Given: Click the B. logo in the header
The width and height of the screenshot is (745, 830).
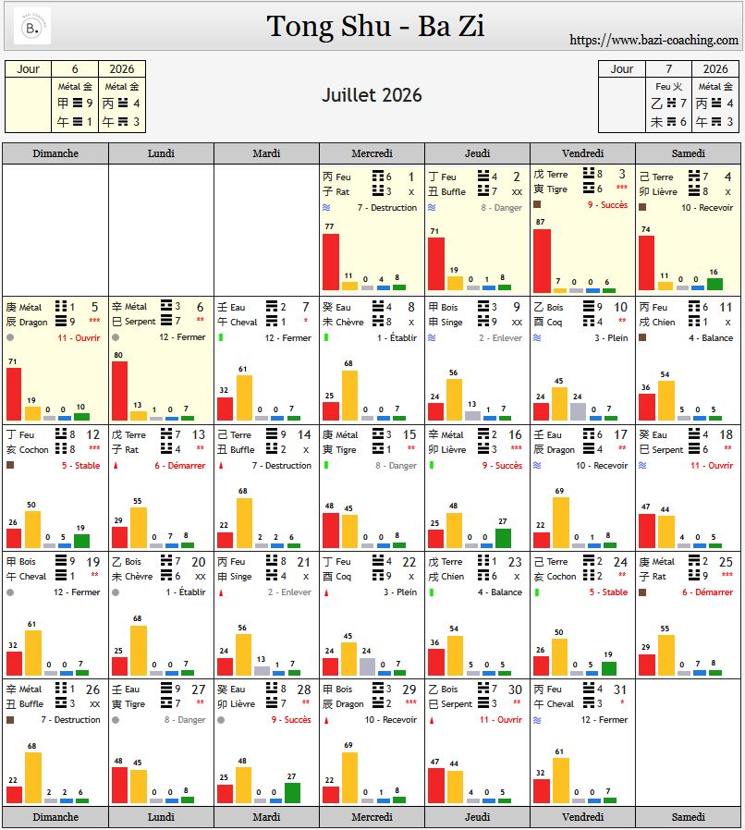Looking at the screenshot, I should coord(32,27).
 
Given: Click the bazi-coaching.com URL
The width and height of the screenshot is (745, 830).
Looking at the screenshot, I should coord(653,40).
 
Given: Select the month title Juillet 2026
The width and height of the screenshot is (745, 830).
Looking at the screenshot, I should coord(372,95).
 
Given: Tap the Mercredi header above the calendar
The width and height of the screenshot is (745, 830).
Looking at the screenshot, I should coord(372,153).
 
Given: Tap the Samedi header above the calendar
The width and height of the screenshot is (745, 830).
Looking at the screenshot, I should coord(688,153).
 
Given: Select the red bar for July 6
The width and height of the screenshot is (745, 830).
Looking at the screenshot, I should coord(119,390).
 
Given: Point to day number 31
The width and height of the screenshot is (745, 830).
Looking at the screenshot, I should coord(620,689).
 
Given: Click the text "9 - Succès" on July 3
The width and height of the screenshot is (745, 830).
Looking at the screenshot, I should coord(607,205).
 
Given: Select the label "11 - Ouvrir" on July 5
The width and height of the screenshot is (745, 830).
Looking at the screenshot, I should coord(79,338).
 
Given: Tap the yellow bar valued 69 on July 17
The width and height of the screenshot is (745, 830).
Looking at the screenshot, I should coord(560,522).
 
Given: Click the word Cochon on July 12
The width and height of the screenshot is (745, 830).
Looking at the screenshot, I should coord(33,449).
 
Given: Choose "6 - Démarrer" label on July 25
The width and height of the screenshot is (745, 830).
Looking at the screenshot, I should coord(708,592).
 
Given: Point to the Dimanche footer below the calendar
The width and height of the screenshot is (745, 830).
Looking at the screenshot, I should coord(55,817).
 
